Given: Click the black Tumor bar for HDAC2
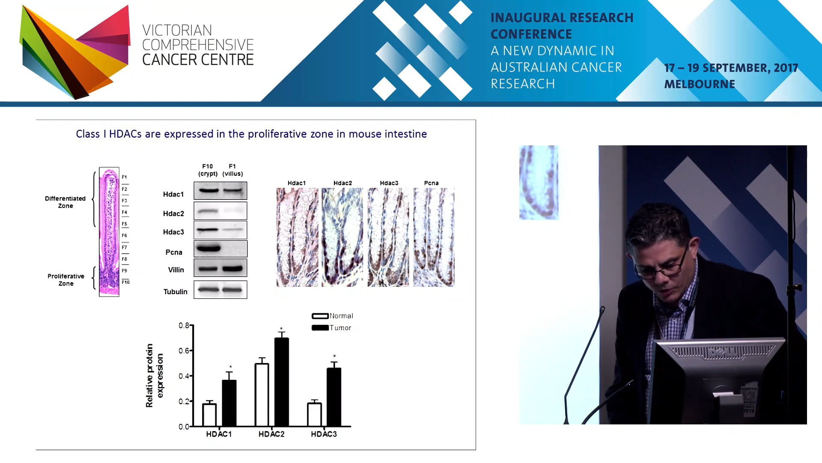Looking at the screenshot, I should click(x=281, y=382).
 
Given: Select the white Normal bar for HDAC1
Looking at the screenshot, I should click(x=209, y=415).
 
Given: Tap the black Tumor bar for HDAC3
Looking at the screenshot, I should click(x=334, y=397).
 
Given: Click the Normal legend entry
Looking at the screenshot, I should click(x=333, y=316).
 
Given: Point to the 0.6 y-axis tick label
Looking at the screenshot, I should click(x=184, y=351).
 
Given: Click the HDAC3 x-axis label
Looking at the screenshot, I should click(x=324, y=434).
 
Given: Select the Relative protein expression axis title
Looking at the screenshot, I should click(x=155, y=376).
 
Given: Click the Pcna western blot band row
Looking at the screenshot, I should click(x=220, y=249).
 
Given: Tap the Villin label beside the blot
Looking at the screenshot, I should click(x=176, y=270).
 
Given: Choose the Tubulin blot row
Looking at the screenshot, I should click(x=220, y=290).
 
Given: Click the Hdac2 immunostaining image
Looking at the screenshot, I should click(x=342, y=237).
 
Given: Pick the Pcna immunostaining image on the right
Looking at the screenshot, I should click(x=434, y=237).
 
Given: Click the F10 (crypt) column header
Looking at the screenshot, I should click(x=208, y=170).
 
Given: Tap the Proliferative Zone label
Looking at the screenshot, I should click(x=66, y=280).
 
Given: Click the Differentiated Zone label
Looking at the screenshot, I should click(x=66, y=202).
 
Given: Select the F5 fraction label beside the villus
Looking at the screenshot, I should click(x=125, y=224).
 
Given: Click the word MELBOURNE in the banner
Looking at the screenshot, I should click(x=700, y=84).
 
